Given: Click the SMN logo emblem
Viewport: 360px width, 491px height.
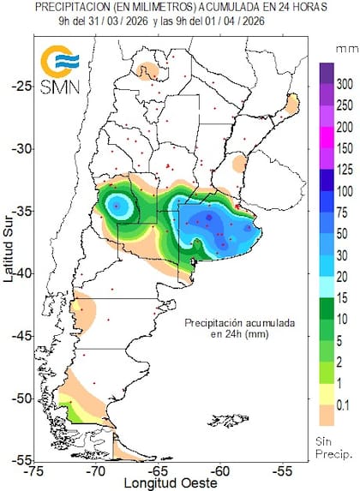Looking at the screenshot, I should pyautogui.click(x=61, y=65).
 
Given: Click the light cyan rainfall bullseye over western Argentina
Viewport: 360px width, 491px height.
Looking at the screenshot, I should pyautogui.click(x=117, y=206).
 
